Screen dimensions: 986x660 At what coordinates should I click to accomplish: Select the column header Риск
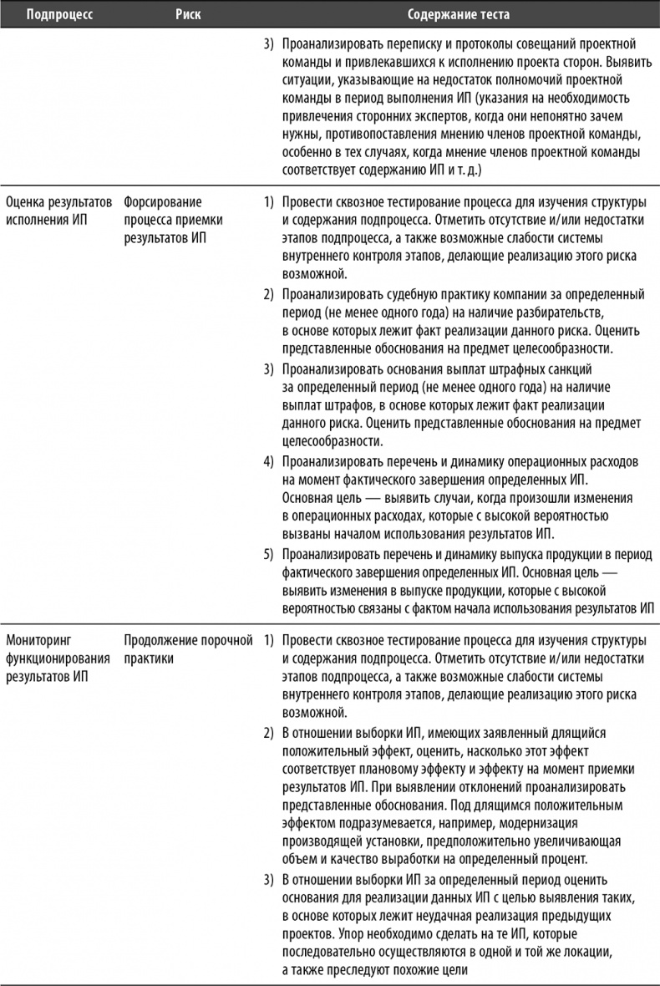pos(188,15)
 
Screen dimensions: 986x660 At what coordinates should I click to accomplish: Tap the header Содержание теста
pos(458,15)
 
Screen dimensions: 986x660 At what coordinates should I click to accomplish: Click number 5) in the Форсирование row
pos(269,553)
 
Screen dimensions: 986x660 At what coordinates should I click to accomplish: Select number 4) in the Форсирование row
pos(269,460)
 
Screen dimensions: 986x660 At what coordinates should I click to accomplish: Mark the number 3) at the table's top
pos(269,43)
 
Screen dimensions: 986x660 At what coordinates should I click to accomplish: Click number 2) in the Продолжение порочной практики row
pos(269,733)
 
